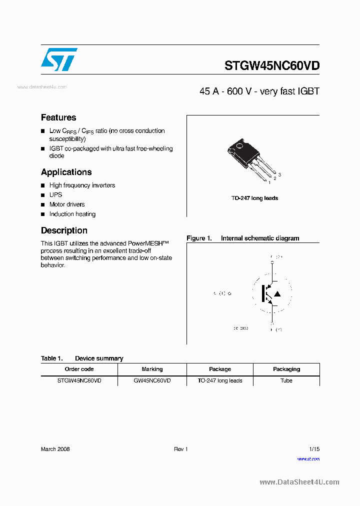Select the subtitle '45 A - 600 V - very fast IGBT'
coord(259,91)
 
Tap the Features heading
coord(58,117)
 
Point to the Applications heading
coord(66,172)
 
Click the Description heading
coord(64,230)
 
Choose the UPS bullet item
coord(55,195)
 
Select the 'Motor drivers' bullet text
coord(67,204)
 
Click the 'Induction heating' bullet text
coord(72,214)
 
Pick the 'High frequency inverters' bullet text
coord(82,185)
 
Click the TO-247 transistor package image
coord(250,159)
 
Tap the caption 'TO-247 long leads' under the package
coord(254,198)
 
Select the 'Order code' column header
coord(79,369)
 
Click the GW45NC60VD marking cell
coord(152,381)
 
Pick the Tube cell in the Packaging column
coord(286,381)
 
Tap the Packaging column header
coord(286,369)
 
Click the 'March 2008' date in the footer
coord(55,449)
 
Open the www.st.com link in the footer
coord(308,458)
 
